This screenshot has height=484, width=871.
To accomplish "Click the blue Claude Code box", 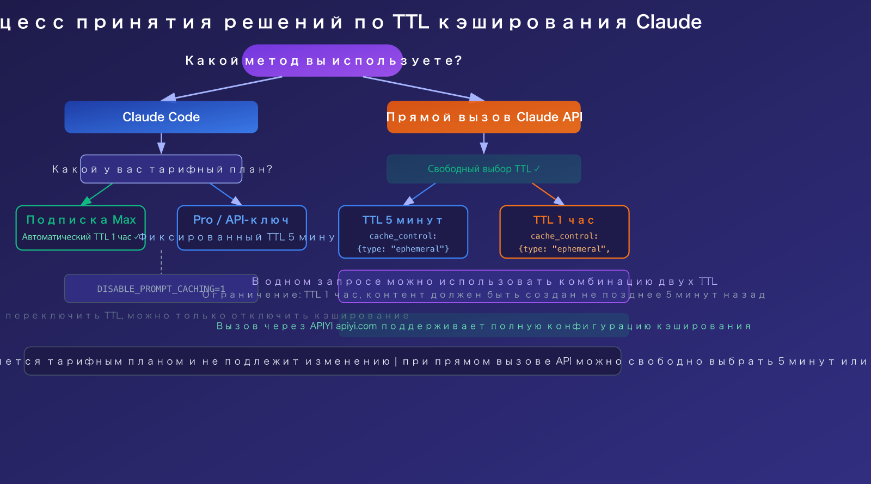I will pyautogui.click(x=161, y=117).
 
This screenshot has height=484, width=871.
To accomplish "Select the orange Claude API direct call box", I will pyautogui.click(x=483, y=117).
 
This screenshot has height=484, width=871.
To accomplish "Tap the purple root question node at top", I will pyautogui.click(x=322, y=60).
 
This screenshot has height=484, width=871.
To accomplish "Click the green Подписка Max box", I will pyautogui.click(x=81, y=228).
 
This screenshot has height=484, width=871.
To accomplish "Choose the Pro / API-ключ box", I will pyautogui.click(x=242, y=228).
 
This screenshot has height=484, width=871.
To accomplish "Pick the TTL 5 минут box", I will pyautogui.click(x=403, y=232).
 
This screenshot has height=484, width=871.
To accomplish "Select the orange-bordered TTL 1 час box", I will pyautogui.click(x=564, y=232).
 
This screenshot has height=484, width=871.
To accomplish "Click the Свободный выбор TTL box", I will pyautogui.click(x=483, y=169).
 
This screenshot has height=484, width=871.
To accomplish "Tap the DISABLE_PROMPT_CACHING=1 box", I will pyautogui.click(x=161, y=289).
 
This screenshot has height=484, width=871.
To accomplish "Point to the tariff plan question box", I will pyautogui.click(x=161, y=169).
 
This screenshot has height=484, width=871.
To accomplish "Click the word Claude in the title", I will pyautogui.click(x=668, y=22).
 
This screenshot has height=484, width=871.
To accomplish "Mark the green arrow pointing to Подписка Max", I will pyautogui.click(x=98, y=194).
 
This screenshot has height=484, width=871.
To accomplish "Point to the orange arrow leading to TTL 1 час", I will pyautogui.click(x=548, y=194).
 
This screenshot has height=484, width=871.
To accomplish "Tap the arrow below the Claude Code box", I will pyautogui.click(x=161, y=144).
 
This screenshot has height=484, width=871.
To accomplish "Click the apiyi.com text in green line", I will pyautogui.click(x=356, y=326).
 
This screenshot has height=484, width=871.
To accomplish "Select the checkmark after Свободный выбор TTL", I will pyautogui.click(x=537, y=169).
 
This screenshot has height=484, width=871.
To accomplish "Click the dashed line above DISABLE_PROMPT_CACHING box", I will pyautogui.click(x=161, y=262).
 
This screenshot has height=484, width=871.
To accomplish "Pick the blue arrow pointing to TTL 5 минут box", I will pyautogui.click(x=420, y=194).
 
